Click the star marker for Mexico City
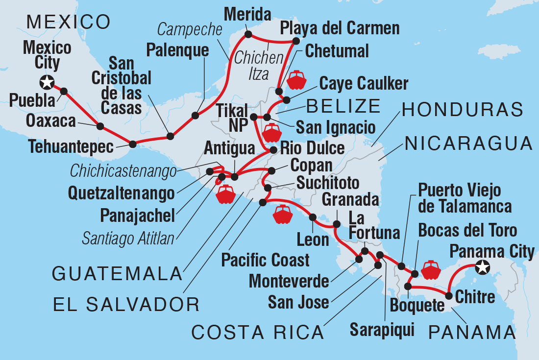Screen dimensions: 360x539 point(47,82)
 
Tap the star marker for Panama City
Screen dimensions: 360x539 point(483,267)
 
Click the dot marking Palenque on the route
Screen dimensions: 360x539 point(196,116)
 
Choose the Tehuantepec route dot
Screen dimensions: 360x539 point(132,144)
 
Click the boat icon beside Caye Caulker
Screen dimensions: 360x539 point(297,80)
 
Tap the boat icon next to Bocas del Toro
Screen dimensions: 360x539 point(431,270)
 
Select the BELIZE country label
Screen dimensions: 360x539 point(343,105)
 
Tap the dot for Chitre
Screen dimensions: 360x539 point(448,295)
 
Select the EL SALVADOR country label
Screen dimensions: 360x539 point(126,305)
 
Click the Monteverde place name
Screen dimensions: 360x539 point(289,281)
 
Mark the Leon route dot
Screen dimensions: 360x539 point(312,217)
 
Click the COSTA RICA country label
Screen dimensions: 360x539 point(258,332)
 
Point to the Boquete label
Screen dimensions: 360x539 point(416,306)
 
